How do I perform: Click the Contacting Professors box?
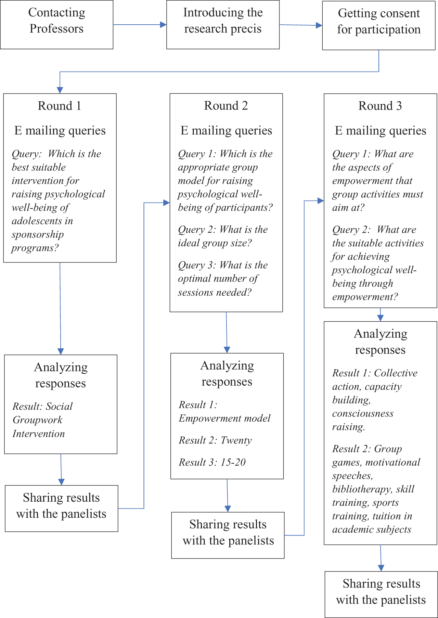click(57, 25)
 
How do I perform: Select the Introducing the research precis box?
click(223, 25)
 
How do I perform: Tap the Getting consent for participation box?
click(379, 26)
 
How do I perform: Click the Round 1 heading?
click(60, 106)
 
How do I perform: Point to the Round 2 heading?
click(226, 106)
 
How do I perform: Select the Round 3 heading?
click(380, 106)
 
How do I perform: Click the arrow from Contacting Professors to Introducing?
click(140, 25)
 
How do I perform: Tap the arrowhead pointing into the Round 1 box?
click(60, 90)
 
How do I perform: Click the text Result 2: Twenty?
click(215, 440)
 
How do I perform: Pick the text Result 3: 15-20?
click(212, 462)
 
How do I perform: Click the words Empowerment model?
click(224, 418)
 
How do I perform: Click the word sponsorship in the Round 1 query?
click(38, 235)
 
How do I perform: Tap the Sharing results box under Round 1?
click(62, 508)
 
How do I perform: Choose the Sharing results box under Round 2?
click(228, 535)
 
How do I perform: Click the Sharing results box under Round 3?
click(381, 594)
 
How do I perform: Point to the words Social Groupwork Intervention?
click(42, 420)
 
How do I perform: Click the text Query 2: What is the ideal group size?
click(223, 236)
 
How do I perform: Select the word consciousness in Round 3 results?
click(363, 413)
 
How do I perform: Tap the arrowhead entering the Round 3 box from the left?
click(321, 201)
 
